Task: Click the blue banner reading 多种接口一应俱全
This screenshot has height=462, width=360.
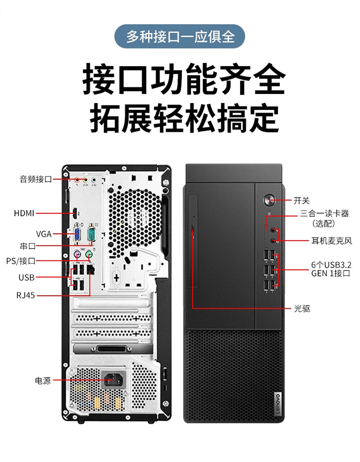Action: click(x=180, y=36)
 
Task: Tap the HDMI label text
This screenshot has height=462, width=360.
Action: click(x=24, y=213)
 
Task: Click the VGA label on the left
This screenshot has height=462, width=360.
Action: click(x=44, y=234)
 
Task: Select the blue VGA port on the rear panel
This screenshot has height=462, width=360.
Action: click(x=77, y=235)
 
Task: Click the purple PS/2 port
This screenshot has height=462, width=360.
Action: click(x=77, y=254)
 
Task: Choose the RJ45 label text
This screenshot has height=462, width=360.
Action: click(x=25, y=295)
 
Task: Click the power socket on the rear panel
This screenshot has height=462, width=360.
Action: click(x=113, y=379)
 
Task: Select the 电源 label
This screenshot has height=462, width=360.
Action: click(x=43, y=380)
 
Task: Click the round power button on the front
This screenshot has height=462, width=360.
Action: click(x=269, y=200)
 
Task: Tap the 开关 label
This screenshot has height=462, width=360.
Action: click(x=301, y=201)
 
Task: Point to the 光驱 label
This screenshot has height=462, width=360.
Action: click(x=302, y=308)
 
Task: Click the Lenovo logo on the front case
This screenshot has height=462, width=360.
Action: click(x=277, y=403)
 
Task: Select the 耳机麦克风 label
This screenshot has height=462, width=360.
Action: click(x=332, y=241)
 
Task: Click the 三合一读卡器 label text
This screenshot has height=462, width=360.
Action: click(x=324, y=213)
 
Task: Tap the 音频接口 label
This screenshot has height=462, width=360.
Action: click(x=36, y=179)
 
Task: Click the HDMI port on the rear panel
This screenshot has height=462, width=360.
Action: click(x=75, y=213)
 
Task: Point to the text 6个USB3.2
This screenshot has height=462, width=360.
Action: click(x=331, y=264)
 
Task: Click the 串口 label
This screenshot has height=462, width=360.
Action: click(x=28, y=246)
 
